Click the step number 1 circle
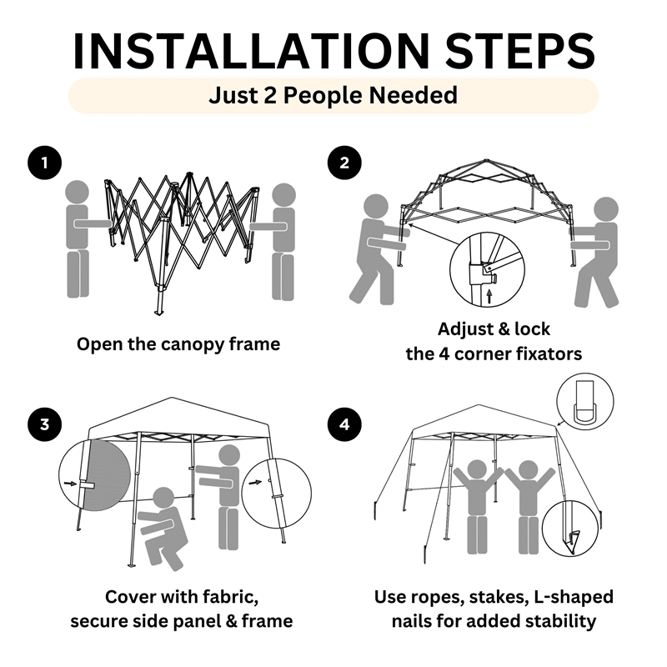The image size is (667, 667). tap(45, 163)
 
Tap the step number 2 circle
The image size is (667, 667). tap(344, 163)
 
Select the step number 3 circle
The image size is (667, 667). tap(45, 424)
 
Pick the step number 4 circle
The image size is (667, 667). tap(344, 424)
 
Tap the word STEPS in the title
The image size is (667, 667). tap(519, 51)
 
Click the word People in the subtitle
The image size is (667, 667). tap(323, 95)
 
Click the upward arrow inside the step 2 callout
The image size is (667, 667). tap(489, 296)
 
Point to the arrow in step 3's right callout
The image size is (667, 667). tap(255, 483)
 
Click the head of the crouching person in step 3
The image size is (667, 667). tap(163, 499)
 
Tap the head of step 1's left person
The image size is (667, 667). tap(77, 193)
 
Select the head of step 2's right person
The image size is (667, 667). tap(606, 209)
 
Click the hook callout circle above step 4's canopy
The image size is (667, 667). tap(585, 402)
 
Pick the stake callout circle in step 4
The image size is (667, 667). tap(570, 529)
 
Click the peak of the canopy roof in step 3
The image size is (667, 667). tap(172, 398)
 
